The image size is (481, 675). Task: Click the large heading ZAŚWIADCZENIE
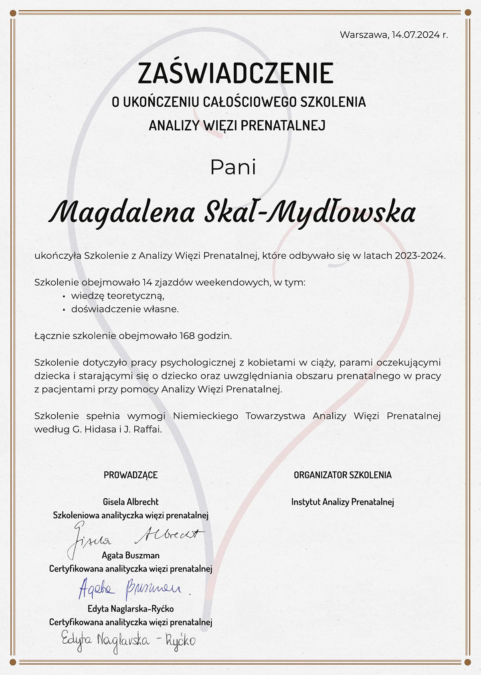coord(236,73)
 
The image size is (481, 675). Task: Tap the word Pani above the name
coord(233,167)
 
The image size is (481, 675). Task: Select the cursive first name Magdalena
coord(122,213)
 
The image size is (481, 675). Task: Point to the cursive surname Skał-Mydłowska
coord(309,213)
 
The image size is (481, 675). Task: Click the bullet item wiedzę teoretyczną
coord(118,296)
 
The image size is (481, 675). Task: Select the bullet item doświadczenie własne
coord(125,309)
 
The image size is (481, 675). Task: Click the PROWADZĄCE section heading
coord(131,475)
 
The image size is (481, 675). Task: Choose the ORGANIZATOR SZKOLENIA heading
coord(343,475)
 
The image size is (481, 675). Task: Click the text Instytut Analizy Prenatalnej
coord(343,502)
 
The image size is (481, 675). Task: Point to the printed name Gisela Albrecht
coord(131,502)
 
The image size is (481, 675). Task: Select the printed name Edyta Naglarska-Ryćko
coord(131,609)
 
